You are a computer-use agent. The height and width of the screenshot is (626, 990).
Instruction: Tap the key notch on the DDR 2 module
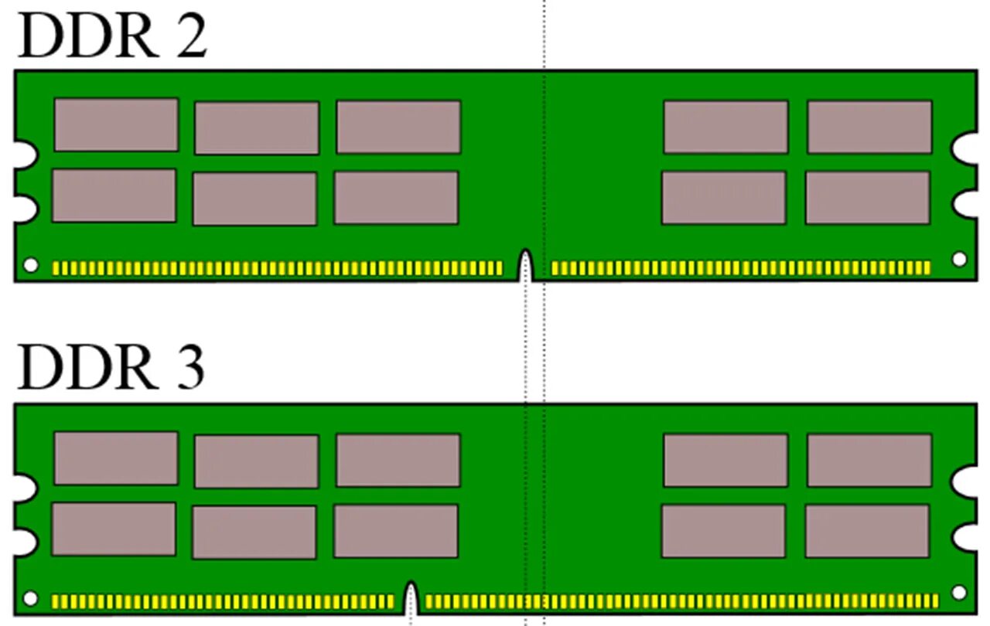[526, 266]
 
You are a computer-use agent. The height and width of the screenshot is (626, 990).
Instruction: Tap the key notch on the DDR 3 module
[411, 599]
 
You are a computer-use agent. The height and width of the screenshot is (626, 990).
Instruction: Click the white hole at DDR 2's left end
[30, 265]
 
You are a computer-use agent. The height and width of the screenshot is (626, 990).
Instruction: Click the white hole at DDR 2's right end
[959, 259]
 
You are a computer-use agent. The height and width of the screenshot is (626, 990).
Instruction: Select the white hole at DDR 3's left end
[30, 598]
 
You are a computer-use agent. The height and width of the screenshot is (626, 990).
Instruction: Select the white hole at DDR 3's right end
[959, 593]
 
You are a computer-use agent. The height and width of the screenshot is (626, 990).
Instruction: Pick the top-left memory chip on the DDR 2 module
[116, 124]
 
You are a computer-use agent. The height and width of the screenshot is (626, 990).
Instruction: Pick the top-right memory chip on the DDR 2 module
[869, 127]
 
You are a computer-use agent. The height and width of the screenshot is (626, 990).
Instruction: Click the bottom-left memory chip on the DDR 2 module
[114, 196]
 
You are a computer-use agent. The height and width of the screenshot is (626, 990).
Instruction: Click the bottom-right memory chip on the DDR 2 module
[867, 198]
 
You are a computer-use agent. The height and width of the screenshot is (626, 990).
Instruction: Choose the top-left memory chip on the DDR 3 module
[116, 458]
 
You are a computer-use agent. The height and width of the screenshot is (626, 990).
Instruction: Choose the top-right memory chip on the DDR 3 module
[869, 461]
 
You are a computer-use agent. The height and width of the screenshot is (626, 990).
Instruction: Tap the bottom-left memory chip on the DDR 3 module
[114, 529]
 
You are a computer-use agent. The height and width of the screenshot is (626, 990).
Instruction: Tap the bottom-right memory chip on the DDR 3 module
[867, 531]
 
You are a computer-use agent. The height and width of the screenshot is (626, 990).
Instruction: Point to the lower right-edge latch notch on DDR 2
[966, 203]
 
